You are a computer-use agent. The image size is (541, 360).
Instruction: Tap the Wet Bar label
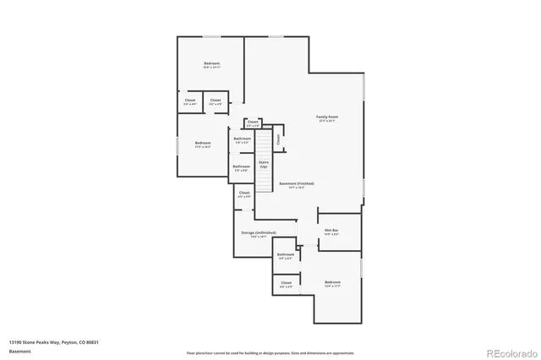[331, 230]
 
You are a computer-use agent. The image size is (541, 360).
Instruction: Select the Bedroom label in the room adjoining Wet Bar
[332, 282]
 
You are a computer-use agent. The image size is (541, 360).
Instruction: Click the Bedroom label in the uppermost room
[211, 64]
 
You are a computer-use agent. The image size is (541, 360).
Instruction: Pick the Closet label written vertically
[277, 139]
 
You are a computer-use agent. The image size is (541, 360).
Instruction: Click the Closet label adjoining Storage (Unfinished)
[243, 193]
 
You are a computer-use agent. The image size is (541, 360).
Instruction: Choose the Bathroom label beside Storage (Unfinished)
[286, 254]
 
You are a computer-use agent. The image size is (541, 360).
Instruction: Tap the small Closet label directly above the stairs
[253, 122]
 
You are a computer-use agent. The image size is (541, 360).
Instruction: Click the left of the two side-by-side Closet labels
[189, 101]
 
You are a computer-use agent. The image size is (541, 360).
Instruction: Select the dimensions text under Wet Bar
[331, 234]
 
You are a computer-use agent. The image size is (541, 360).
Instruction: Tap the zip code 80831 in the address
[91, 342]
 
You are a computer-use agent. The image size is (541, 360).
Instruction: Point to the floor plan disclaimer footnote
[270, 352]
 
